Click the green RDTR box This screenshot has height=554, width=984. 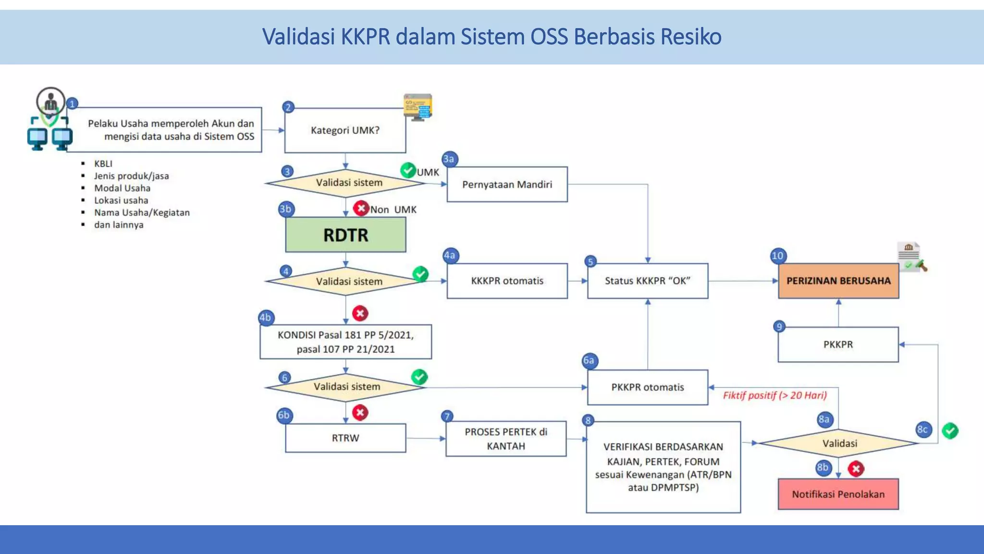pos(345,235)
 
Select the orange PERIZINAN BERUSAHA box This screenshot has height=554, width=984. pos(838,281)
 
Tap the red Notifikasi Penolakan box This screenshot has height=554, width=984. pos(838,494)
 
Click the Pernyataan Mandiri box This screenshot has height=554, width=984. pos(507,184)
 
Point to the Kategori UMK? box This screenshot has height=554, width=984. pos(345,130)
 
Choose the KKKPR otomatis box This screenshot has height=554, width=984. pos(507,281)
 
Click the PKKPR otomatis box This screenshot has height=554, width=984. pos(647,387)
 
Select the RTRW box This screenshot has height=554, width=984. pos(345,438)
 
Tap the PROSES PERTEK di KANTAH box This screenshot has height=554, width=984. pos(505,439)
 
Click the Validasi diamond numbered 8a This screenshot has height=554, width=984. pos(839,443)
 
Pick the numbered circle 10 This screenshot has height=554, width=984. pos(777,256)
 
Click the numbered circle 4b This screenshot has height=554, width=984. pos(265,317)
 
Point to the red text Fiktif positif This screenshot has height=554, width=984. pos(775,395)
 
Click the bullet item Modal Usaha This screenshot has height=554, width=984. pos(122,188)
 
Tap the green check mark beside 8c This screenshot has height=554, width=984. pos(950,430)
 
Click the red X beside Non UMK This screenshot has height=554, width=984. pos(361,208)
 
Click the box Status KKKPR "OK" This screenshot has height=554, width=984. pos(647,281)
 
